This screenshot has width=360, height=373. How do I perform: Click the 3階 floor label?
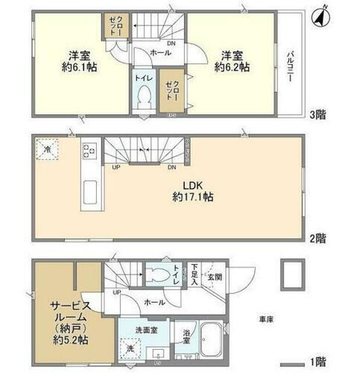click(x=318, y=115)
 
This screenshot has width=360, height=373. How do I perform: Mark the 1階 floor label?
click(x=318, y=363)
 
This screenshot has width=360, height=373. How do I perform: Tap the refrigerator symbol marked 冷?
click(x=46, y=149)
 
